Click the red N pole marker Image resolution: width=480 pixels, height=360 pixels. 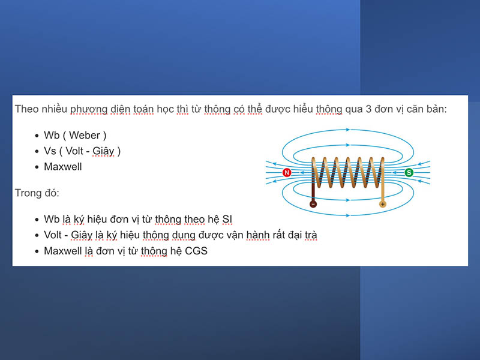[287, 173]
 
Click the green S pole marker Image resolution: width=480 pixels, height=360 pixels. [409, 173]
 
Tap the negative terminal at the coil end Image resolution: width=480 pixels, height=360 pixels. [313, 204]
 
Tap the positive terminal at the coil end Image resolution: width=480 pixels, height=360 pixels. [382, 204]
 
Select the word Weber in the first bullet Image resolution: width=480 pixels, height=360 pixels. [85, 136]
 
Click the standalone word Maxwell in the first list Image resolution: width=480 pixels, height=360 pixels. [62, 167]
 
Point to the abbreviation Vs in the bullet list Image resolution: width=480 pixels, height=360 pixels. [50, 151]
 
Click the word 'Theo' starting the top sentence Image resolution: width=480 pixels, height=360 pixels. [26, 110]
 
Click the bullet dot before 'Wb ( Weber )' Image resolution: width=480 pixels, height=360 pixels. [35, 136]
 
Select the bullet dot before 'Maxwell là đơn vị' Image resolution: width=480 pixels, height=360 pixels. [35, 251]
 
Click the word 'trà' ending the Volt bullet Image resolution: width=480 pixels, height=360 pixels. [308, 235]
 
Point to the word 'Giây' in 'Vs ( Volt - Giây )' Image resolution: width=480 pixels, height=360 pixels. [103, 151]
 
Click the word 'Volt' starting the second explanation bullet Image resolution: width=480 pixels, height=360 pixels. [55, 235]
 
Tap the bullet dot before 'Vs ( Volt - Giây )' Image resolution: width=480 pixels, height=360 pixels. [35, 152]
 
